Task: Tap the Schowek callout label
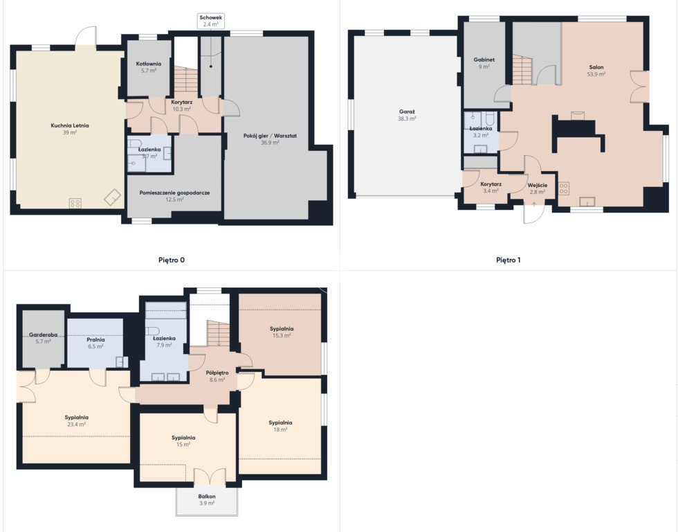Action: click(x=210, y=21)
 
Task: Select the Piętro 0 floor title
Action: click(x=172, y=260)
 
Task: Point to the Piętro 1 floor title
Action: click(x=508, y=260)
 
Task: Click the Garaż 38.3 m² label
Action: click(x=407, y=115)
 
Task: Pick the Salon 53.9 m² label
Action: click(x=596, y=71)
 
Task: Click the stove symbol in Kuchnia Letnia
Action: click(x=75, y=202)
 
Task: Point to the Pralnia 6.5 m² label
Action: click(x=95, y=343)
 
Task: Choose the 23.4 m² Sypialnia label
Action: click(x=77, y=420)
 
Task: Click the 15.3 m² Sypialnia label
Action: click(x=282, y=332)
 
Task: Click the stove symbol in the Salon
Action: click(x=564, y=188)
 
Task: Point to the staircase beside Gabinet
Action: click(x=522, y=69)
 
